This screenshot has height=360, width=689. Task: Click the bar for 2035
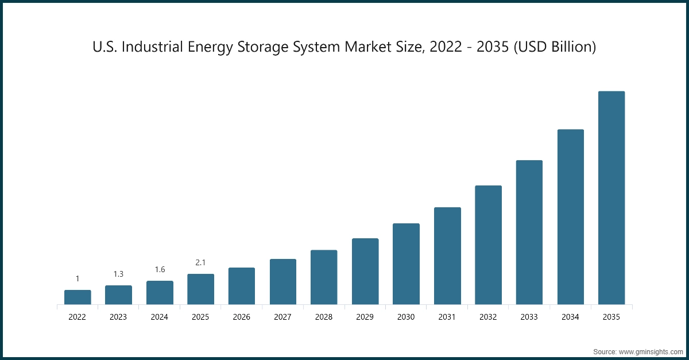click(611, 198)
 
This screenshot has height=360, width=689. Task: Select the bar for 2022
click(78, 297)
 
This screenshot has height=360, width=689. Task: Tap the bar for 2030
click(406, 264)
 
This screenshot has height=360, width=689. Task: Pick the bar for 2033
click(529, 232)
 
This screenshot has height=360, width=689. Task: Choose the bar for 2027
click(282, 281)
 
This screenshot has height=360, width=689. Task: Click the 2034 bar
click(570, 216)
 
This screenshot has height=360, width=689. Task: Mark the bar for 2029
click(365, 271)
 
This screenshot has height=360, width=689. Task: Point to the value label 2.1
click(200, 262)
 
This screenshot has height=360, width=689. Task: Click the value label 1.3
click(118, 274)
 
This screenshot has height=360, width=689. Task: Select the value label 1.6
click(160, 269)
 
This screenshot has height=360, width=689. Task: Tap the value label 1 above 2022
click(78, 278)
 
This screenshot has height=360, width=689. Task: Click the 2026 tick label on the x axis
click(242, 317)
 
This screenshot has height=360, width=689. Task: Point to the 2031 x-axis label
click(447, 317)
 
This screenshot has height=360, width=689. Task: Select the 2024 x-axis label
click(160, 317)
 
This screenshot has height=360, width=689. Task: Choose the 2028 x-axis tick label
click(324, 317)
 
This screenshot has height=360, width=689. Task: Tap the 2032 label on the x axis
click(488, 317)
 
